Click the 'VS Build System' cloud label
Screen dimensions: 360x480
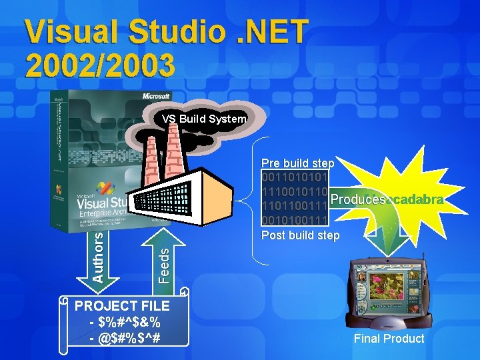pos(204,119)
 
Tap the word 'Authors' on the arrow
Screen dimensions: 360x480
pos(98,255)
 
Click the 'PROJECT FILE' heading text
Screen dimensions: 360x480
pos(122,306)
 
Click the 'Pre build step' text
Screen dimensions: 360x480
pos(297,163)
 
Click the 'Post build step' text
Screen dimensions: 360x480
pos(300,235)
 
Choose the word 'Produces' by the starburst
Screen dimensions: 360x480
pos(357,200)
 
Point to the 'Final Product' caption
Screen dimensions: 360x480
pos(389,339)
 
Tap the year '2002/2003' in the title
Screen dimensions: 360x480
pos(100,65)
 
